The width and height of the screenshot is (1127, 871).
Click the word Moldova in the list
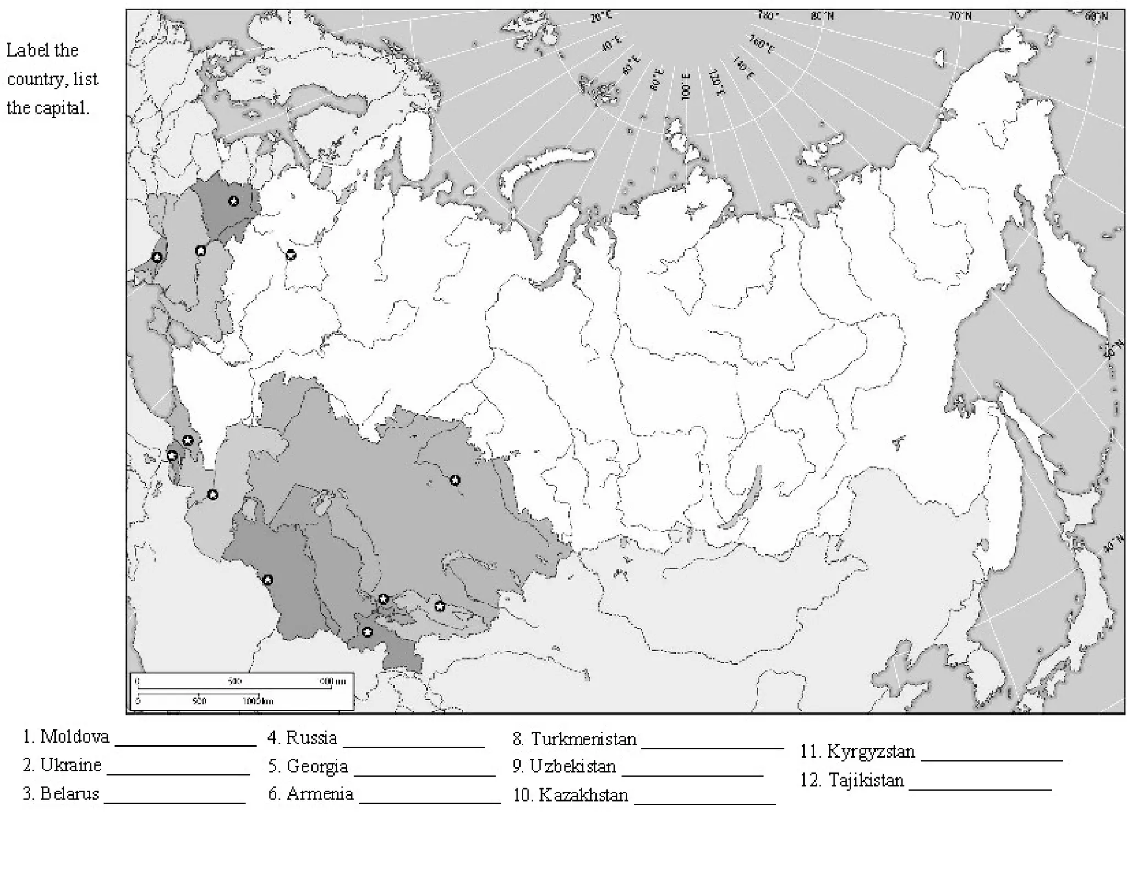point(74,737)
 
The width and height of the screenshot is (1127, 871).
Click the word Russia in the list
point(311,738)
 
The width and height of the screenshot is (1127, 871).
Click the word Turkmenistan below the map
point(583,739)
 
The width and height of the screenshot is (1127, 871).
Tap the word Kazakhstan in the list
point(583,795)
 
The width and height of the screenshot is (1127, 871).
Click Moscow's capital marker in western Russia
point(291,254)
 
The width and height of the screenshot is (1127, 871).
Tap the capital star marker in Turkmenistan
point(267,580)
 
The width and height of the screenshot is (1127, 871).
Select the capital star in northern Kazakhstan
point(455,480)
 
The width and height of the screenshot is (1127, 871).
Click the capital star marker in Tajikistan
point(368,632)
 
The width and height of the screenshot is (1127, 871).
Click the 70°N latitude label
point(960,16)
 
